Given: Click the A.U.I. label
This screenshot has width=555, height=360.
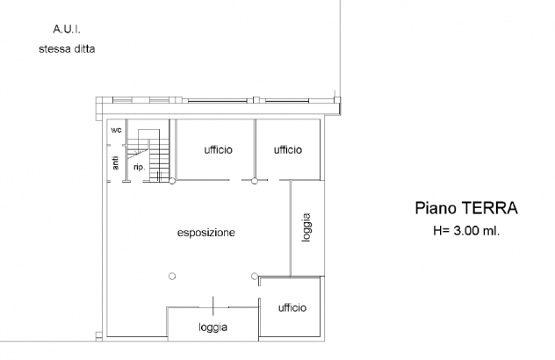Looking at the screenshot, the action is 67,29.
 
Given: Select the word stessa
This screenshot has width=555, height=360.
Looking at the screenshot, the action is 54,48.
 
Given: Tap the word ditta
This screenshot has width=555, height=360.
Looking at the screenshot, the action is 85,48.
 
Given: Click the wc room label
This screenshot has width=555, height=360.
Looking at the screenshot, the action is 116,130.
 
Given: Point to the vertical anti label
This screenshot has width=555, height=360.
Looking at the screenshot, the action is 115,162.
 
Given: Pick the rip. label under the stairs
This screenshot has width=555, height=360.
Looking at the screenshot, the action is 140,167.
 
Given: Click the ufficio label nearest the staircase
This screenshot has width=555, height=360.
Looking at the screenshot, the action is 218,150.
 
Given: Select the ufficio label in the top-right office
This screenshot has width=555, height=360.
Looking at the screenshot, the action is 288,150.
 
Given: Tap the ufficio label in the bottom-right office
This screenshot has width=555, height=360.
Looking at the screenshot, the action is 292,307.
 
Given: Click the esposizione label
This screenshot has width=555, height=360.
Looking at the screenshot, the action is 206,233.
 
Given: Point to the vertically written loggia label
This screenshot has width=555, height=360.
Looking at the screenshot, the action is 306,227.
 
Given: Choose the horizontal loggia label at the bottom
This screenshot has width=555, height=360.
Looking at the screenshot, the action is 213,328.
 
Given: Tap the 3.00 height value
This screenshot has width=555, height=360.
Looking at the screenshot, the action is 466,231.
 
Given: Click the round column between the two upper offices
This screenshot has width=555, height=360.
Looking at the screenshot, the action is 254,181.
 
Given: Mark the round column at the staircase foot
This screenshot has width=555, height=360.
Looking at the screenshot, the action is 172,181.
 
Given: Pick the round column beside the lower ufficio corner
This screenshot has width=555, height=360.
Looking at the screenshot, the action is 254,276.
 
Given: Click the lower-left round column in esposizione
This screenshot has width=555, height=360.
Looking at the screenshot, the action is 172,276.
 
